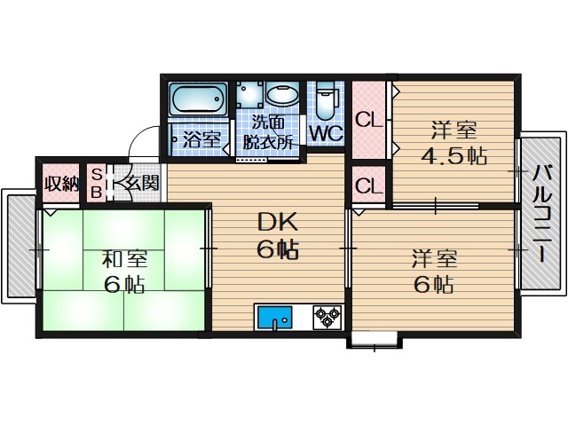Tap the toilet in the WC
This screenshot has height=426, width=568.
point(326,100)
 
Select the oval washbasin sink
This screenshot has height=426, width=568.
point(282,94)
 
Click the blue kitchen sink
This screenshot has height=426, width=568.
point(274,317)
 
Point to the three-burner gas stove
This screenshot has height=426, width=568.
point(327,317)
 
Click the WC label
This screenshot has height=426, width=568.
point(326,134)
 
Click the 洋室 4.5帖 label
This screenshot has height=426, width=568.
point(454,143)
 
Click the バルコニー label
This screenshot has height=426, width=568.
point(542,213)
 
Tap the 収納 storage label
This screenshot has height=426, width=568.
point(61,184)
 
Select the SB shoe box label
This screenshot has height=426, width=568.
point(96,184)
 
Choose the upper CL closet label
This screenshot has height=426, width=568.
point(368,120)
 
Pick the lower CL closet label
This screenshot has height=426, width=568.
point(368,186)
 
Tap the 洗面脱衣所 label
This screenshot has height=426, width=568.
point(268,132)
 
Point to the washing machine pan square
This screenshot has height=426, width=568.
point(250,94)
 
